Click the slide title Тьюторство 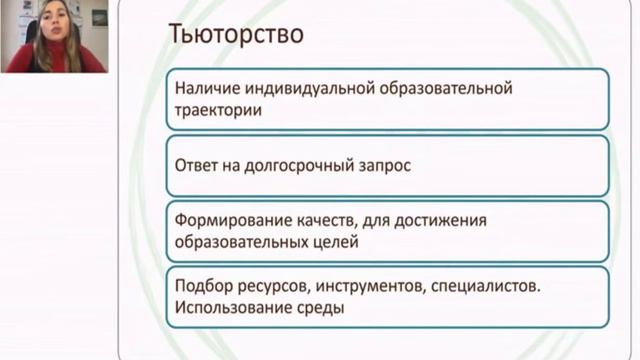pyautogui.click(x=236, y=33)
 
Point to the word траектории pyautogui.click(x=218, y=110)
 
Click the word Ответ pyautogui.click(x=196, y=165)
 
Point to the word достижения pyautogui.click(x=441, y=221)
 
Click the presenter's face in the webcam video pyautogui.click(x=54, y=21)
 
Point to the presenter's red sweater pyautogui.click(x=55, y=60)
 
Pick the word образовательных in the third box pyautogui.click(x=242, y=242)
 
